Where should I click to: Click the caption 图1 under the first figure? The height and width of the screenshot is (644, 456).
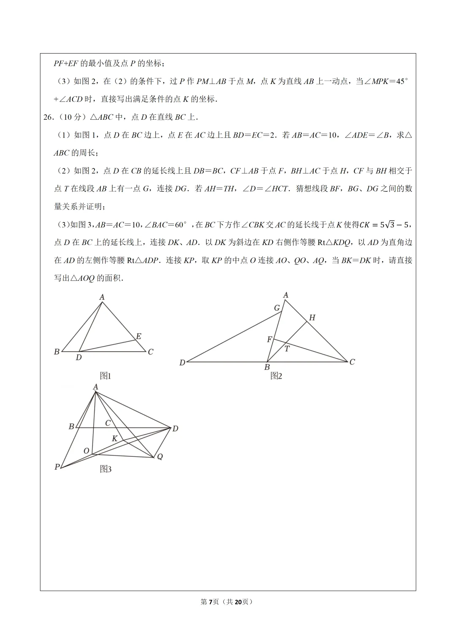click(105, 376)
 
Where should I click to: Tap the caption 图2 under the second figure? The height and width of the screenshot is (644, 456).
click(276, 376)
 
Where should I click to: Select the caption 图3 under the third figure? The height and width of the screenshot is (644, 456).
click(106, 469)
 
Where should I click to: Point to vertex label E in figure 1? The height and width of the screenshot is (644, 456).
click(138, 336)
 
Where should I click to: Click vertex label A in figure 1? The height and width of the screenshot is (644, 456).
click(102, 297)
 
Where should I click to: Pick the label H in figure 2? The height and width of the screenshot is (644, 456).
click(312, 318)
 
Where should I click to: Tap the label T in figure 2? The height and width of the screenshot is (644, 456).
click(287, 349)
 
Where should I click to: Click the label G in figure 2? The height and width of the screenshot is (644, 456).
click(277, 308)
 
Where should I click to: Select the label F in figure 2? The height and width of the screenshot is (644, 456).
click(269, 340)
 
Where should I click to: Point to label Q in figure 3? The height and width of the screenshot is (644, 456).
click(160, 457)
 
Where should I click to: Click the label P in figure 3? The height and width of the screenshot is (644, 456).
click(57, 467)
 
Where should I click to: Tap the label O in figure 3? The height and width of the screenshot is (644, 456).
click(86, 451)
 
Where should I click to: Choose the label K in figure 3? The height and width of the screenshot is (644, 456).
click(114, 439)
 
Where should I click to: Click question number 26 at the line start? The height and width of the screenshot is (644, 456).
click(48, 117)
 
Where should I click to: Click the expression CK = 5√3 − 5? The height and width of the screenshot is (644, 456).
click(385, 225)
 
